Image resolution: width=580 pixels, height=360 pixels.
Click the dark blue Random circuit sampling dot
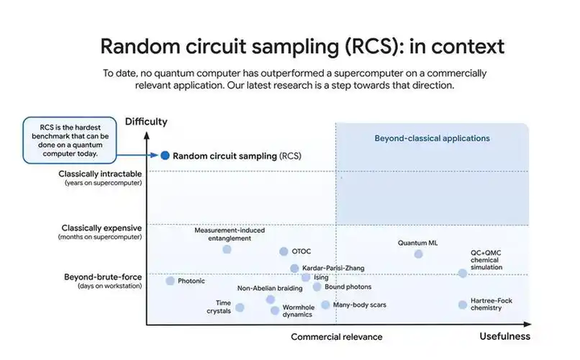click(165, 155)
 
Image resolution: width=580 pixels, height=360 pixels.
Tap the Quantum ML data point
click(418, 254)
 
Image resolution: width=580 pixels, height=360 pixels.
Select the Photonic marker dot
click(170, 281)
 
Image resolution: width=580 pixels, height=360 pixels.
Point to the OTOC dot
click(284, 252)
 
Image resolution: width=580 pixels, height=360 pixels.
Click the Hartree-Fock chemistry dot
click(462, 304)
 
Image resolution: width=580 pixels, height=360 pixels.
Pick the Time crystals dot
click(239, 307)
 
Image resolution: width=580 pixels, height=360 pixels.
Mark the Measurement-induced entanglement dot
click(227, 250)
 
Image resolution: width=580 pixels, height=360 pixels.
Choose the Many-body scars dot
click(325, 305)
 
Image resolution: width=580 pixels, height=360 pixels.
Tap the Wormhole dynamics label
click(297, 310)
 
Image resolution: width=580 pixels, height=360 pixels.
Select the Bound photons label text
click(348, 287)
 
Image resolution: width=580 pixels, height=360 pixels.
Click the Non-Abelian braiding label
click(270, 288)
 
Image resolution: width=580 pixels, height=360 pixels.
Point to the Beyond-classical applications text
click(432, 139)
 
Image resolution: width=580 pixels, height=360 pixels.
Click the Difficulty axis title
click(146, 122)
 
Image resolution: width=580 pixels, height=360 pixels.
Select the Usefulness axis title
click(504, 336)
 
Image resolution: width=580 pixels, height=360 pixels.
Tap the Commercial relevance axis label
click(336, 337)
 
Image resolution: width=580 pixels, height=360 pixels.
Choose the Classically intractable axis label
click(100, 173)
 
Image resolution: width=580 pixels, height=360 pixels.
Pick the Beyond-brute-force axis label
click(103, 277)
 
